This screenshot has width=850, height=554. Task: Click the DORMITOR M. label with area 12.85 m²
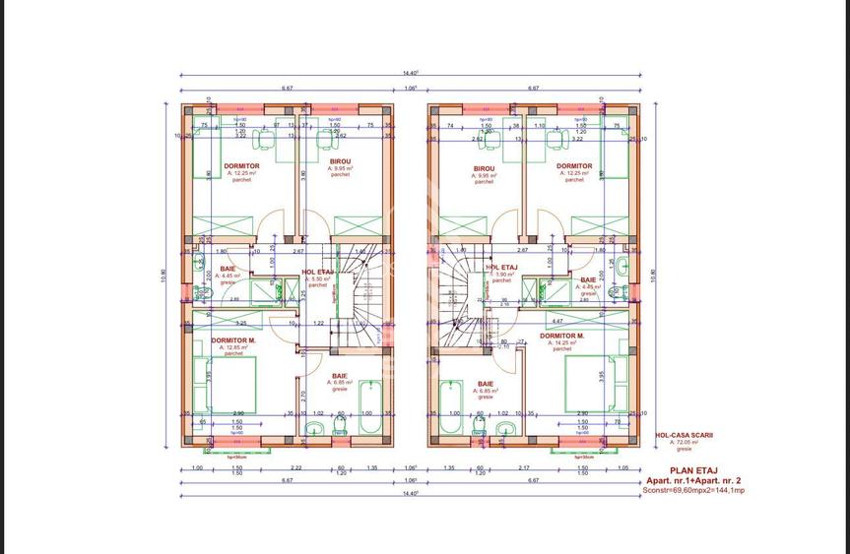233,340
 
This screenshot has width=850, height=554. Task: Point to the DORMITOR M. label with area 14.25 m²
561,336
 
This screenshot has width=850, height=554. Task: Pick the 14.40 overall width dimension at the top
410,73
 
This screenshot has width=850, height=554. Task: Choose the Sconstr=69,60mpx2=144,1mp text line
693,489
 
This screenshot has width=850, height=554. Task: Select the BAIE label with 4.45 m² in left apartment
229,269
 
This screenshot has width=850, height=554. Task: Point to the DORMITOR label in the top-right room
574,166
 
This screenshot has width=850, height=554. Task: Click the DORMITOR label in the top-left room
241,166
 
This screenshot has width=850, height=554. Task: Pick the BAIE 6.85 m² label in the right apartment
486,385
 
